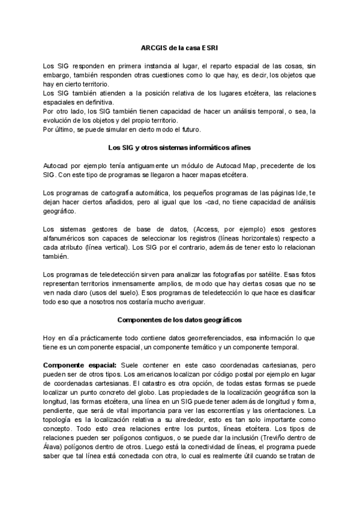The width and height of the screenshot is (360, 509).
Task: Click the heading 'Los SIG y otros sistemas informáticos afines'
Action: (179, 147)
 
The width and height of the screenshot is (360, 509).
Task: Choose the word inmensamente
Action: (153, 284)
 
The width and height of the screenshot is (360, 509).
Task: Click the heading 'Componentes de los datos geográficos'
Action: (179, 319)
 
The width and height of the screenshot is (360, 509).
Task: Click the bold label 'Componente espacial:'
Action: (80, 365)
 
